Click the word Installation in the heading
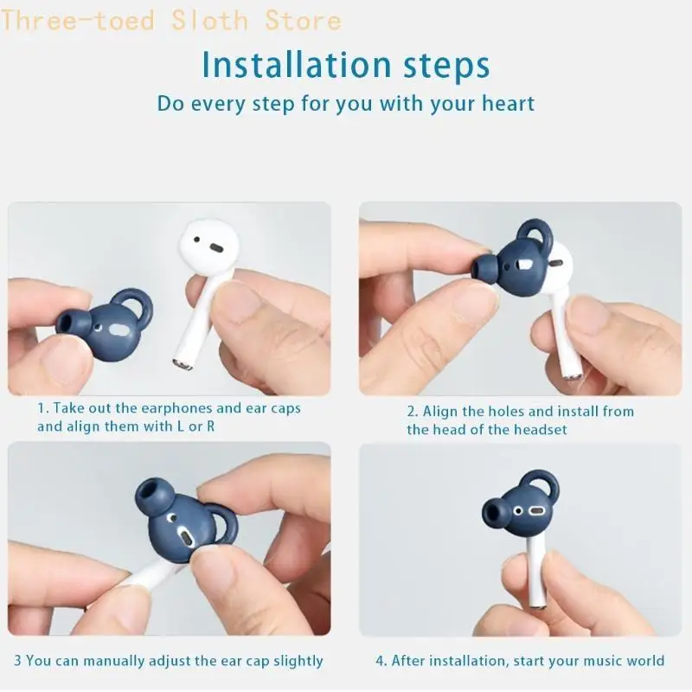pyautogui.click(x=297, y=66)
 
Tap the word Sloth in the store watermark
pyautogui.click(x=209, y=21)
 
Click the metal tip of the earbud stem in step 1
pyautogui.click(x=183, y=364)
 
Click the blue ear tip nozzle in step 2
pyautogui.click(x=483, y=266)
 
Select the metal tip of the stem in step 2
pyautogui.click(x=573, y=375)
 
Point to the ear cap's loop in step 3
pyautogui.click(x=223, y=525)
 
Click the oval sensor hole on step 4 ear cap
pyautogui.click(x=537, y=510)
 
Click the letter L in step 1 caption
pyautogui.click(x=180, y=426)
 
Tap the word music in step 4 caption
pyautogui.click(x=602, y=661)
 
